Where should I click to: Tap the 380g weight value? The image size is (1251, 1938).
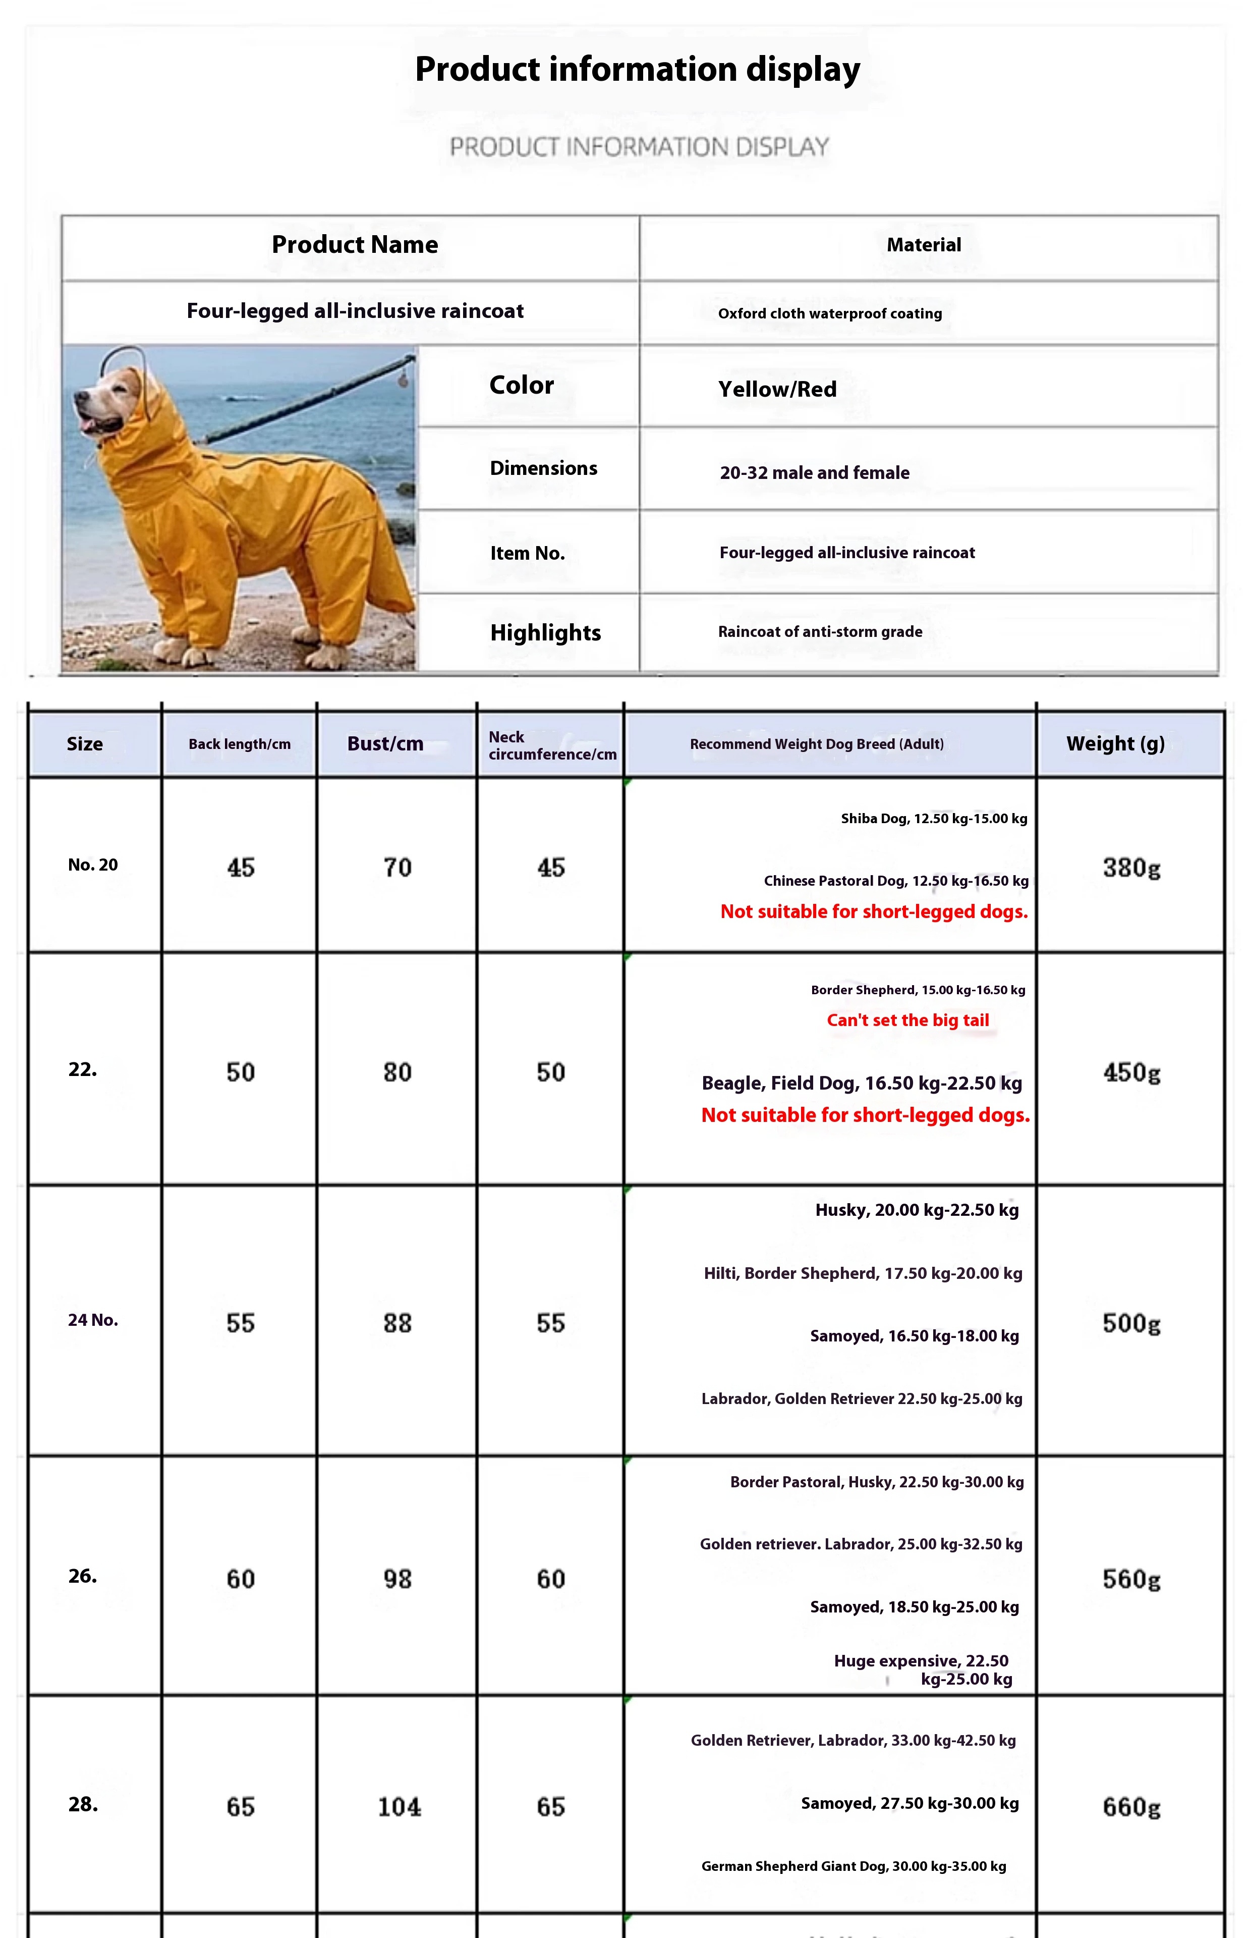(x=1131, y=868)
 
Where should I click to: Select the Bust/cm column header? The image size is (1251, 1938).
(x=385, y=743)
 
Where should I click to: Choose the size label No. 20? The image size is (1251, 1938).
(x=93, y=865)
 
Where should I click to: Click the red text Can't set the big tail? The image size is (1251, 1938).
(x=907, y=1020)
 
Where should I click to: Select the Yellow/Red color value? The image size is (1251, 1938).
(x=777, y=389)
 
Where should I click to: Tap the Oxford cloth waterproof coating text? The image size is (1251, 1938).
(x=829, y=313)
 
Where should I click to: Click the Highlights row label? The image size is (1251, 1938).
(x=545, y=632)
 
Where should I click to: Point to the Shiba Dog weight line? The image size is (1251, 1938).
(x=933, y=818)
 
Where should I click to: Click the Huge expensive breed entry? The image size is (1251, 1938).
(x=923, y=1670)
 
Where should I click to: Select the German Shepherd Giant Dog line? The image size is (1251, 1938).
(x=853, y=1866)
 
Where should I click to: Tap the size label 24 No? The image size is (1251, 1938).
(x=93, y=1320)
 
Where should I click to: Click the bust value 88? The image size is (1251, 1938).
(x=397, y=1323)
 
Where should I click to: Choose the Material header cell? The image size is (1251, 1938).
(x=924, y=245)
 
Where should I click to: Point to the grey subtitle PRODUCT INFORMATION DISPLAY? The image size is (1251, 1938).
(x=639, y=147)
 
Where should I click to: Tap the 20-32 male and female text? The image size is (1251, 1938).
(x=814, y=473)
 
